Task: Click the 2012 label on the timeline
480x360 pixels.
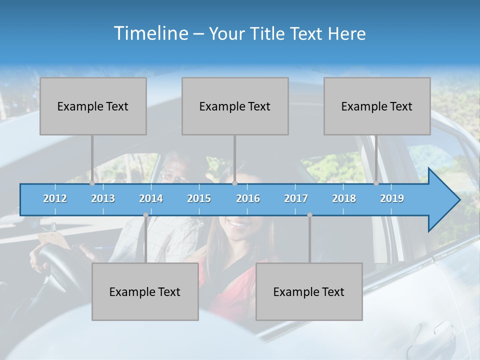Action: click(55, 198)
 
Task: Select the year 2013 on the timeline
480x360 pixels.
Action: click(103, 198)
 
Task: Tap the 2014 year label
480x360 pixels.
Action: click(151, 198)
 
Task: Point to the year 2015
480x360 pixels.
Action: click(199, 198)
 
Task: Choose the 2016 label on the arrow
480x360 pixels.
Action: click(248, 198)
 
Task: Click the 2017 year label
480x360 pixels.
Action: click(296, 198)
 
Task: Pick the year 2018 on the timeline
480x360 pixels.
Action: click(344, 198)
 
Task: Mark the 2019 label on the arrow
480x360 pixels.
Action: click(392, 198)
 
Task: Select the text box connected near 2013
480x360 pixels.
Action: click(93, 106)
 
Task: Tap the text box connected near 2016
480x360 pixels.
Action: click(235, 106)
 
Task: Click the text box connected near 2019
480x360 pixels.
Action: click(377, 106)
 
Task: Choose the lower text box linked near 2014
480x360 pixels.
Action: click(145, 291)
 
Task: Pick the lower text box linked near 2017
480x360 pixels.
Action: click(309, 291)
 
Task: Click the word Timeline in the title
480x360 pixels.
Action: click(150, 33)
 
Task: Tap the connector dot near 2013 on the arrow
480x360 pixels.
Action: click(92, 183)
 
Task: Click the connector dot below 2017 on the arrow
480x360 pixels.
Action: click(309, 215)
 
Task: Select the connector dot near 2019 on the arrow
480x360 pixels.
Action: click(376, 183)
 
